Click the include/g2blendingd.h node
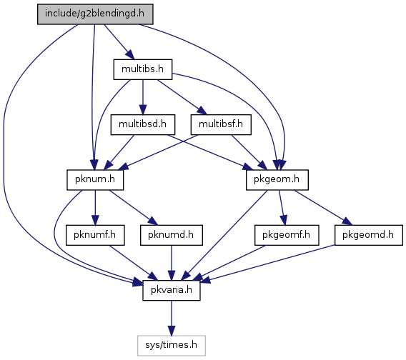[95, 14]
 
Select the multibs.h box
[143, 69]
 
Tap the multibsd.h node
[143, 124]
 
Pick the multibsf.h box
[221, 124]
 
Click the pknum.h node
[95, 180]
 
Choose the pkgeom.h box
[277, 180]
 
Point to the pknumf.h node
[95, 235]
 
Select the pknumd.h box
[172, 235]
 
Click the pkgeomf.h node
[287, 235]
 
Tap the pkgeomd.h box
[369, 235]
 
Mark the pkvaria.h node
[172, 291]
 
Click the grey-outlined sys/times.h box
[172, 346]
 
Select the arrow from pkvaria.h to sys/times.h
[172, 318]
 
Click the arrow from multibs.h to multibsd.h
[143, 97]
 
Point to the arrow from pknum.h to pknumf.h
[95, 208]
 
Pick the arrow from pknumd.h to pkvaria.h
[172, 263]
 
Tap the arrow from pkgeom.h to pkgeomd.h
[323, 208]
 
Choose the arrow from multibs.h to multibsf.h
[182, 97]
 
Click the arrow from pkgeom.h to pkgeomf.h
[282, 208]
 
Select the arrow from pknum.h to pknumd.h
[134, 208]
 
